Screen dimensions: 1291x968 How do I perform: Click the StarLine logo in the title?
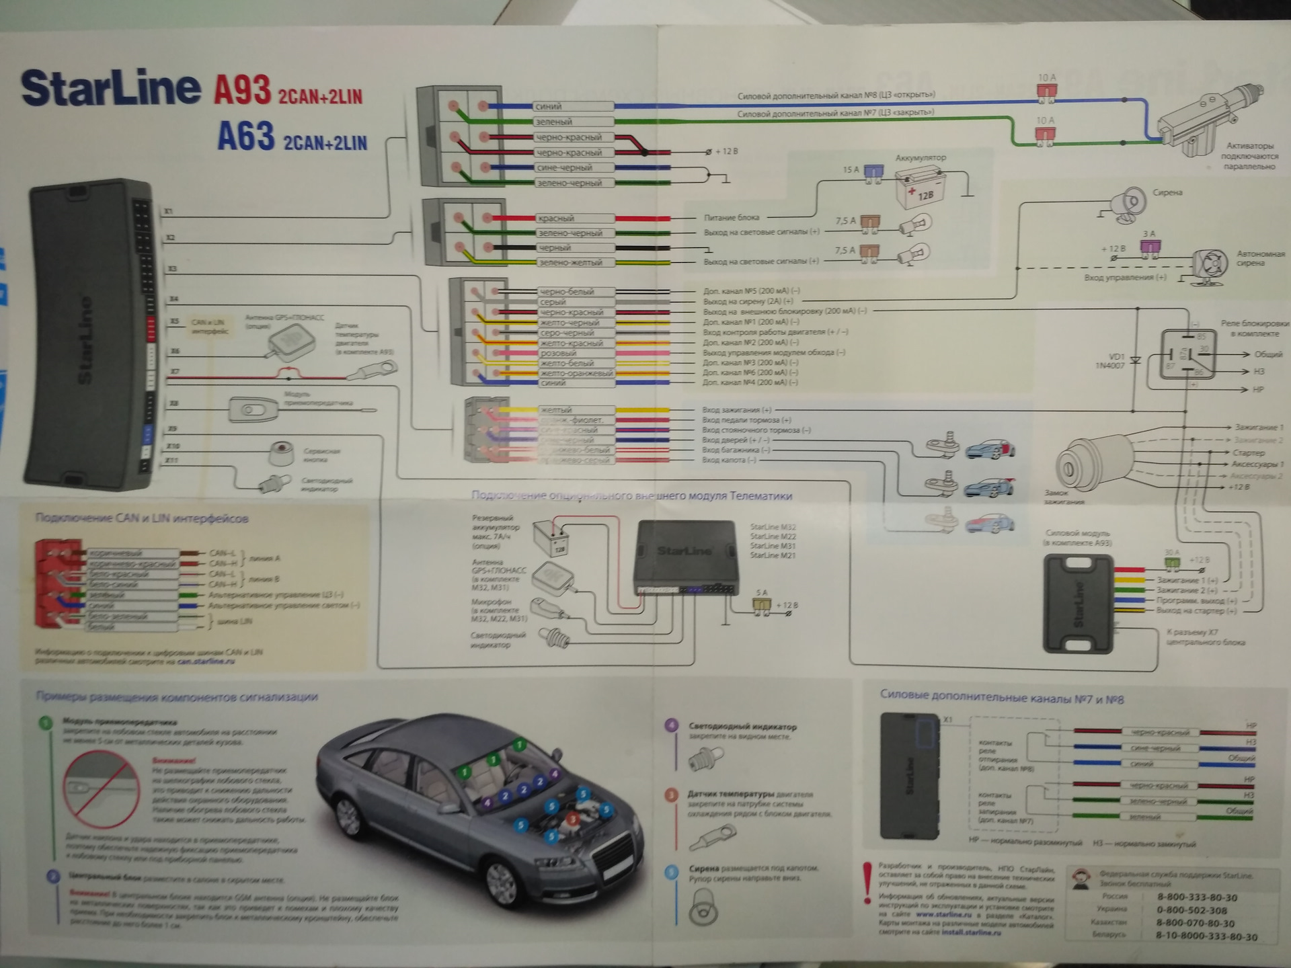pyautogui.click(x=111, y=88)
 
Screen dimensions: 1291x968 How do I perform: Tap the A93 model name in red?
pyautogui.click(x=242, y=91)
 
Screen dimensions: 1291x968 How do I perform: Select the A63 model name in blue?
pyautogui.click(x=246, y=136)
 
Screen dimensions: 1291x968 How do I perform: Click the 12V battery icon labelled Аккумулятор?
pyautogui.click(x=918, y=189)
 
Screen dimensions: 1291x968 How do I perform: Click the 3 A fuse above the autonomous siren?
pyautogui.click(x=1150, y=247)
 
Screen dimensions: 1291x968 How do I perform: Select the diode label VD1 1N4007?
pyautogui.click(x=1110, y=361)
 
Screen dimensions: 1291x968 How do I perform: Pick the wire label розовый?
pyautogui.click(x=558, y=353)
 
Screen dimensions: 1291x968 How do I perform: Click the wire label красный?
pyautogui.click(x=555, y=218)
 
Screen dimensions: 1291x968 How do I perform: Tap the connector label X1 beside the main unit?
pyautogui.click(x=169, y=212)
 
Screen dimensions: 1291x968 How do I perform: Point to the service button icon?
pyautogui.click(x=281, y=453)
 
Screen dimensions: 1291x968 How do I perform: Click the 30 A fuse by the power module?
pyautogui.click(x=1172, y=561)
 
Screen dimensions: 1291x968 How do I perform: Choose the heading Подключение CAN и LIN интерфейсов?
pyautogui.click(x=142, y=518)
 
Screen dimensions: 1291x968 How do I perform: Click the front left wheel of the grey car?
pyautogui.click(x=502, y=879)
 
